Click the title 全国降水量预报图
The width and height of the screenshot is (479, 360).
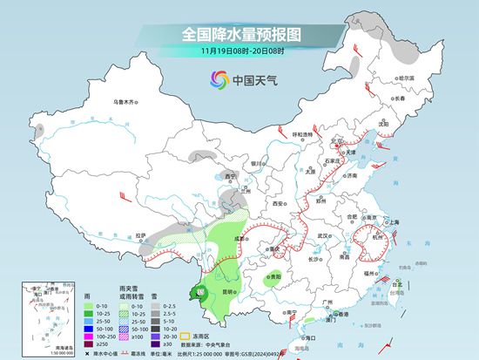(239, 34)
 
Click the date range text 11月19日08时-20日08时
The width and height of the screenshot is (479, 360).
(239, 51)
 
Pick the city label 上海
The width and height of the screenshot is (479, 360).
(393, 222)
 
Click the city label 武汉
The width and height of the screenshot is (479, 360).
(326, 235)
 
